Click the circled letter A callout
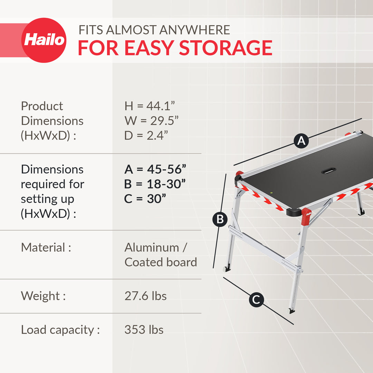(x=301, y=141)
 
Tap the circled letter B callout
(x=220, y=219)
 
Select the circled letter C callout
(x=256, y=299)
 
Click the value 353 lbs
(x=144, y=330)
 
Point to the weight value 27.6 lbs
(x=145, y=296)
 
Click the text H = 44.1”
(x=152, y=106)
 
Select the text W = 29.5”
(x=151, y=121)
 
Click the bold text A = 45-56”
(x=155, y=169)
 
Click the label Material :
(x=46, y=247)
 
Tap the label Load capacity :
(x=60, y=330)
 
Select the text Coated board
(x=161, y=262)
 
